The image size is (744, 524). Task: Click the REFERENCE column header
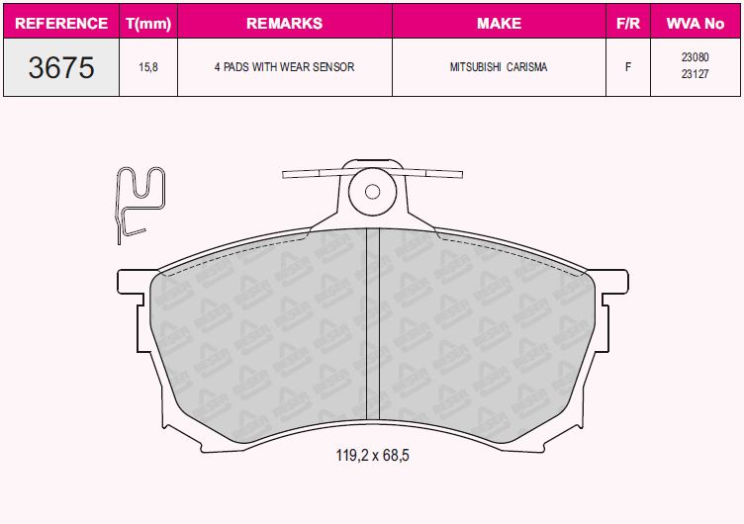pyautogui.click(x=61, y=22)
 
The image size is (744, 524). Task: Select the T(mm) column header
pyautogui.click(x=148, y=22)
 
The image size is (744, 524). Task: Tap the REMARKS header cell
pyautogui.click(x=284, y=22)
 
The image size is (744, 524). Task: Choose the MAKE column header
pyautogui.click(x=499, y=22)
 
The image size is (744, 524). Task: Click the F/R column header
pyautogui.click(x=627, y=22)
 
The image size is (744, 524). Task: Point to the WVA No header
pyautogui.click(x=695, y=22)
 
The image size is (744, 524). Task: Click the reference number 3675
pyautogui.click(x=61, y=67)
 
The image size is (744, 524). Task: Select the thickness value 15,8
pyautogui.click(x=148, y=67)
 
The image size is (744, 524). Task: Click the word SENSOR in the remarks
pyautogui.click(x=330, y=67)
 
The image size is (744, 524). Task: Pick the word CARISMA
pyautogui.click(x=528, y=67)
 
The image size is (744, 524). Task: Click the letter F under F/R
pyautogui.click(x=627, y=67)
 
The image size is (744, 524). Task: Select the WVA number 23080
pyautogui.click(x=695, y=58)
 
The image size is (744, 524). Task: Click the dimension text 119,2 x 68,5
pyautogui.click(x=372, y=456)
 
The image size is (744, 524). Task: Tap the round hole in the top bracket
pyautogui.click(x=372, y=193)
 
